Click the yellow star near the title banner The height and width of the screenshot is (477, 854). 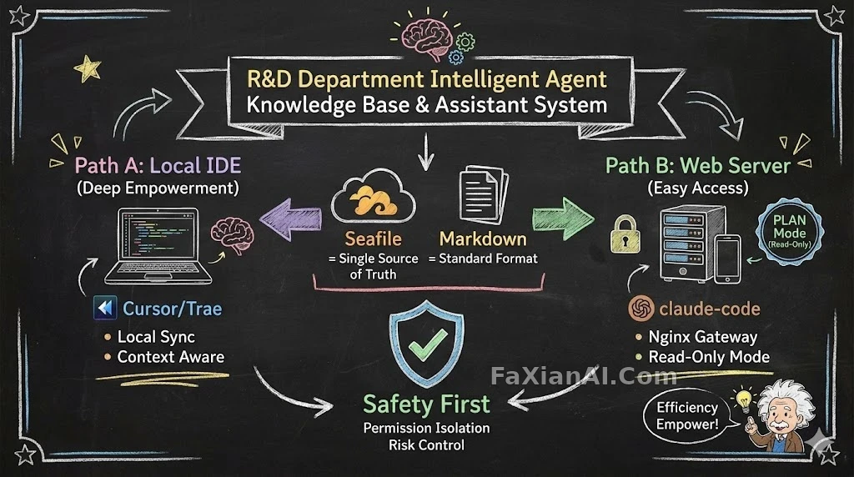88,68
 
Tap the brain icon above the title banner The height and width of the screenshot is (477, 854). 427,39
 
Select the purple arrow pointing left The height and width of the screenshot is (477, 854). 290,218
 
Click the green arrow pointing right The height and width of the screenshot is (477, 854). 563,218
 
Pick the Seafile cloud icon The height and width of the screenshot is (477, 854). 373,198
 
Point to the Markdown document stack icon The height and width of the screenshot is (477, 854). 484,195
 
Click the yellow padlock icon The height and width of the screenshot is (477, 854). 625,234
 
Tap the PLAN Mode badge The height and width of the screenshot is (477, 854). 790,232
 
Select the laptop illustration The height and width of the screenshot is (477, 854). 158,246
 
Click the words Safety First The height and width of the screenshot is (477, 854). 426,404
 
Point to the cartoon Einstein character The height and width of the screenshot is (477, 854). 781,416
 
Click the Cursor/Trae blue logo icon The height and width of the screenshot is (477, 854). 105,309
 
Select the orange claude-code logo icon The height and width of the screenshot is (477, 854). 641,309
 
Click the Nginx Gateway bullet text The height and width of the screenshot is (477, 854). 702,337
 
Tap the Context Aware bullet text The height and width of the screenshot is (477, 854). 171,357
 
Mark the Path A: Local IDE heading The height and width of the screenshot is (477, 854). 158,166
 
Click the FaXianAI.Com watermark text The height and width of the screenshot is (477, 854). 584,376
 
